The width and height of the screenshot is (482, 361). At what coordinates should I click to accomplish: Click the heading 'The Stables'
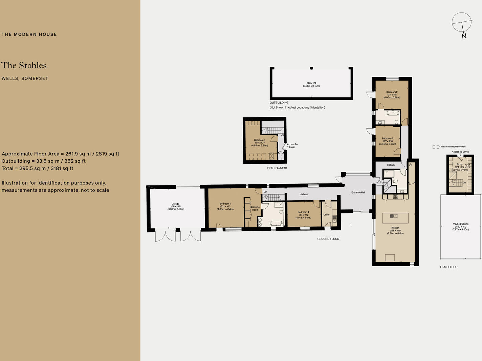[x=24, y=65]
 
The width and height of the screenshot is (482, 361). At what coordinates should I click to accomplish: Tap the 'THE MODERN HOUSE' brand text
[x=29, y=34]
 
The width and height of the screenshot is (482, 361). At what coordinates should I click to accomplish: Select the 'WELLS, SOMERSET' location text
[x=25, y=78]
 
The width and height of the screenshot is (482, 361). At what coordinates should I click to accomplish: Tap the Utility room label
[x=326, y=215]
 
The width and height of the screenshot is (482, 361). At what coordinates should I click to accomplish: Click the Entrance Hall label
[x=358, y=193]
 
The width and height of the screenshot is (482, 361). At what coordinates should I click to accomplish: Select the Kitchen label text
[x=395, y=228]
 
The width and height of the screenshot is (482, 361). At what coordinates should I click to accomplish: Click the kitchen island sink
[x=393, y=216]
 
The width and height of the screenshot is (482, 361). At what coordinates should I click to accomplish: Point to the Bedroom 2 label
[x=392, y=92]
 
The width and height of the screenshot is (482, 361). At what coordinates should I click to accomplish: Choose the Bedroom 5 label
[x=388, y=138]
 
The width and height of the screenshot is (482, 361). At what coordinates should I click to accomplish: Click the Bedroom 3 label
[x=260, y=140]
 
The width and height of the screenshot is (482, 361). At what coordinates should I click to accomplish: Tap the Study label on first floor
[x=459, y=164]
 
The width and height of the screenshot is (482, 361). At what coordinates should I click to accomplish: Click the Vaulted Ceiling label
[x=461, y=224]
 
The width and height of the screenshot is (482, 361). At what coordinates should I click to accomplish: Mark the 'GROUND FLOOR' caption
[x=328, y=239]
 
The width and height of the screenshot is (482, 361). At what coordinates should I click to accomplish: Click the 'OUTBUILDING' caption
[x=279, y=103]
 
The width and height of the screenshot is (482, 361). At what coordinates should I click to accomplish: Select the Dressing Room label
[x=255, y=208]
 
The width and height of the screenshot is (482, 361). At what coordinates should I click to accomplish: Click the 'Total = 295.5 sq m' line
[x=38, y=168]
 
